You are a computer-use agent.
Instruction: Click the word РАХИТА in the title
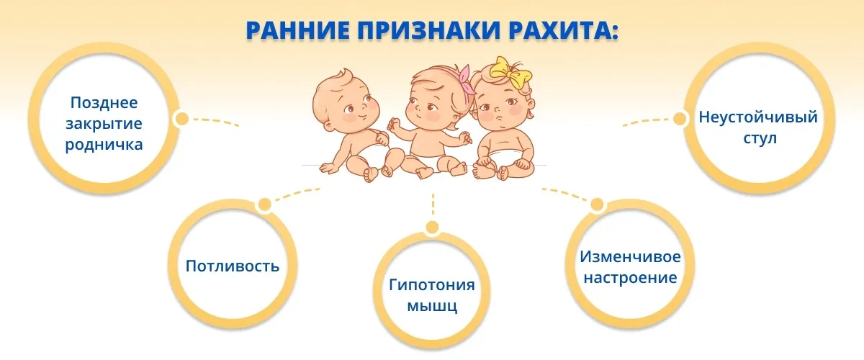click(x=564, y=30)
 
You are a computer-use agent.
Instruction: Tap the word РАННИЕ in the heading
click(x=298, y=30)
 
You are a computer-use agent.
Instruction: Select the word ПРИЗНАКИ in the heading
click(x=429, y=30)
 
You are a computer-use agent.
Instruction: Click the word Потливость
click(x=233, y=266)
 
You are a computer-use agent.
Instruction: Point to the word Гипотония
click(x=431, y=284)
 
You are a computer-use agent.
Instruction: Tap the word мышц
click(x=433, y=306)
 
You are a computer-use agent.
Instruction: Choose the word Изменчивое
click(x=630, y=256)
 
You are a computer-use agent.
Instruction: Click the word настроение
click(x=630, y=278)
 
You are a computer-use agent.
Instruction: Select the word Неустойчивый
click(x=758, y=117)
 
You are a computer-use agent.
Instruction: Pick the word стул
click(x=760, y=138)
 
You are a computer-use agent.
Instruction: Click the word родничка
click(x=104, y=145)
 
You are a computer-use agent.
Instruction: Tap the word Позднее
click(x=104, y=103)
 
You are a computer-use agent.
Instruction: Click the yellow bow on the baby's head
click(x=511, y=73)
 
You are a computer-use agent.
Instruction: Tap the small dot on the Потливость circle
click(x=265, y=205)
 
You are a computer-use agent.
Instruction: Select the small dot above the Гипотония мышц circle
click(x=433, y=228)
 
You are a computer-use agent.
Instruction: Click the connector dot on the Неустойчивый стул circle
click(x=680, y=119)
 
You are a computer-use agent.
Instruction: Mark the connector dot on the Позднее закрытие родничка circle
click(x=181, y=120)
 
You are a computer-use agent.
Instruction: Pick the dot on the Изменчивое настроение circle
click(x=597, y=205)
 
